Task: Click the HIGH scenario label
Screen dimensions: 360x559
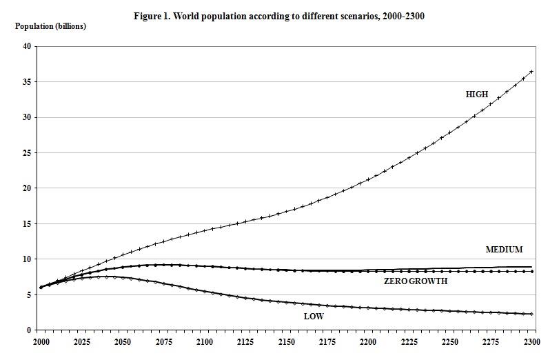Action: (477, 94)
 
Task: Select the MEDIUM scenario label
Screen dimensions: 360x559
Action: (504, 249)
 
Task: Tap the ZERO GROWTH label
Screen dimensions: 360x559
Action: (416, 281)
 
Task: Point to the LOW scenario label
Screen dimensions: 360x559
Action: (314, 317)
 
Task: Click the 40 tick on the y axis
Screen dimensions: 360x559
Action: (27, 46)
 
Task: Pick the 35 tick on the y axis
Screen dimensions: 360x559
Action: (27, 82)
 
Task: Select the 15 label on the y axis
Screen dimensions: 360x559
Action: (27, 223)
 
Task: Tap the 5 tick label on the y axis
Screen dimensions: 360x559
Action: (29, 294)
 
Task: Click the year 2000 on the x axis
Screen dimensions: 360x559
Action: (41, 341)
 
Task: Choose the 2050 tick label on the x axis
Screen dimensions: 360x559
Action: (123, 341)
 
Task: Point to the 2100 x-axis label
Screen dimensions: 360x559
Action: (205, 341)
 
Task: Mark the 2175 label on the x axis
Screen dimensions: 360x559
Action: (327, 341)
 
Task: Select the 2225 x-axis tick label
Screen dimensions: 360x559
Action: (409, 341)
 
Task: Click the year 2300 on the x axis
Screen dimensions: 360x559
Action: (532, 341)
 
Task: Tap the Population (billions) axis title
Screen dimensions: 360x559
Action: (51, 26)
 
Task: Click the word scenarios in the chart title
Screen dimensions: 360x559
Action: (345, 14)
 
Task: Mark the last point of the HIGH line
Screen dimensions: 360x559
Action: (531, 72)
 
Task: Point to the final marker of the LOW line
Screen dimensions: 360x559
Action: (531, 314)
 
